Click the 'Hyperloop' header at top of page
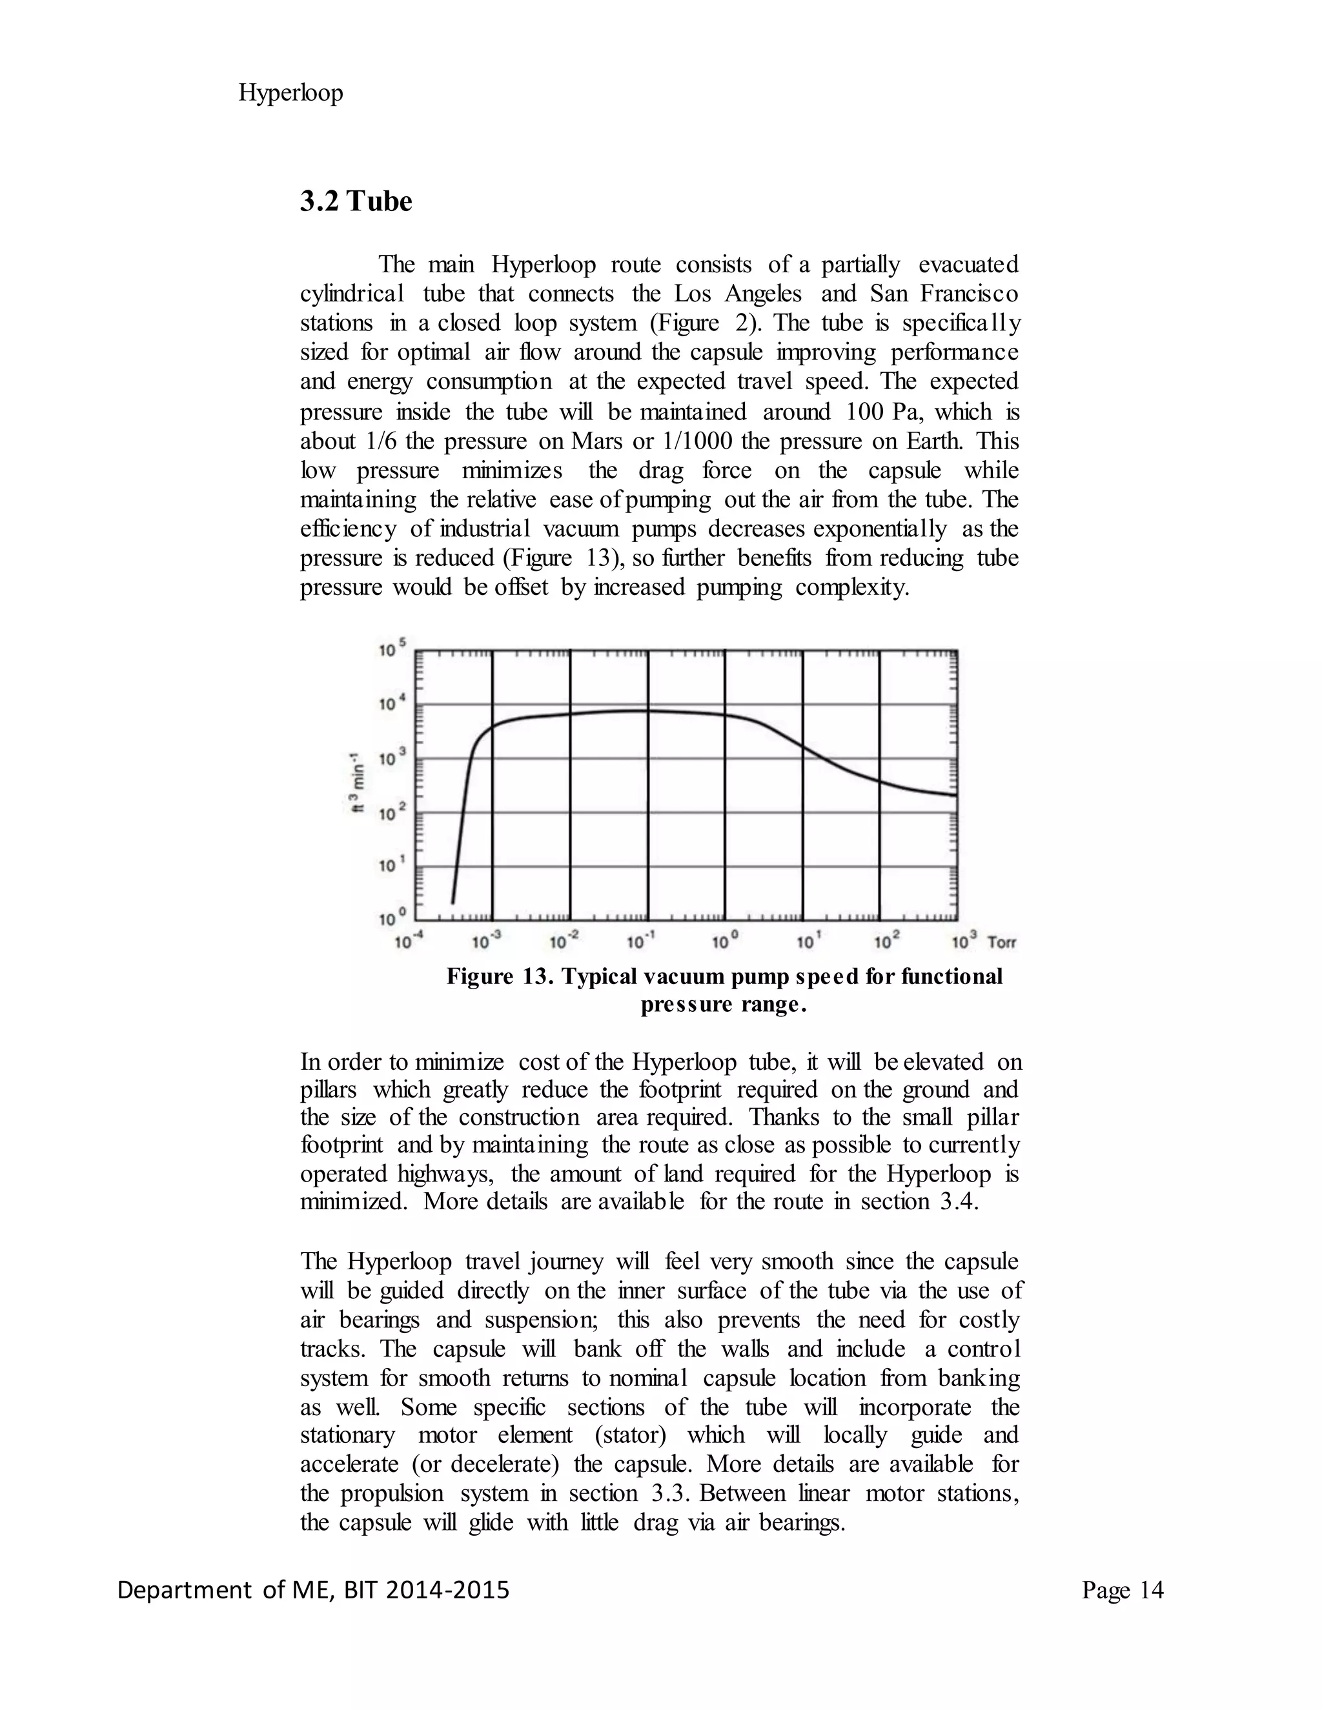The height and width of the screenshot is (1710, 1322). tap(290, 93)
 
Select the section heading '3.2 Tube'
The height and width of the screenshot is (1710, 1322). tap(356, 201)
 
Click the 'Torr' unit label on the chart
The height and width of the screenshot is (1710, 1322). tap(1002, 942)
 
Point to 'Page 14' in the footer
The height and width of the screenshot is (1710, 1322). tap(1123, 1590)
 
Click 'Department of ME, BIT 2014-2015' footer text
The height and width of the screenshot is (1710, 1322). tap(313, 1590)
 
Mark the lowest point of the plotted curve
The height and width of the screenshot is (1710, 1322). tap(453, 902)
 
